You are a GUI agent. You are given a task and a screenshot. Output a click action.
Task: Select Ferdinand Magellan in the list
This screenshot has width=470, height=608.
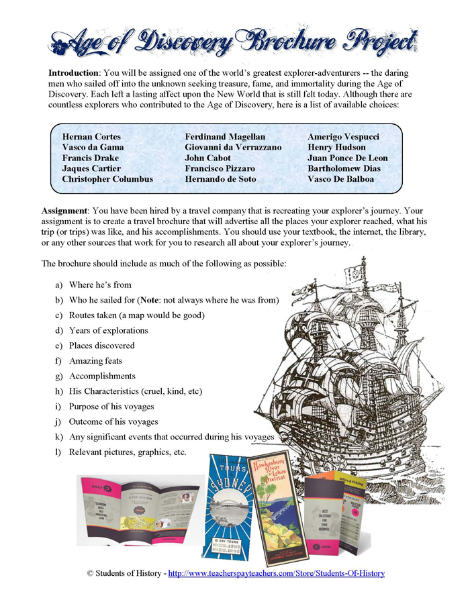[x=225, y=137]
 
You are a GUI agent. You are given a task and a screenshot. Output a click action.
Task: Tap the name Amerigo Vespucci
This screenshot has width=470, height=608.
[x=343, y=137]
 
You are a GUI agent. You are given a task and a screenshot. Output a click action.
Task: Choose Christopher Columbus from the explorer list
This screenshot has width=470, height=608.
[x=107, y=180]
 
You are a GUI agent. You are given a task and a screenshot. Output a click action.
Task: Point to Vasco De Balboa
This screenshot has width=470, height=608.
[x=341, y=180]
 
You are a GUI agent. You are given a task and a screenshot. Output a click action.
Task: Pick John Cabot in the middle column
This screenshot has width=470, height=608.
[x=207, y=158]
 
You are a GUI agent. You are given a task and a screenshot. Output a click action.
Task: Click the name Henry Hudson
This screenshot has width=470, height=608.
[x=336, y=148]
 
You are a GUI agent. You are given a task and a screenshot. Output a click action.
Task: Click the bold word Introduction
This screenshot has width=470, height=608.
[x=74, y=72]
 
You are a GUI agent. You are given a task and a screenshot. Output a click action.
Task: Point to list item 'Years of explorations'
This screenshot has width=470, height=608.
[x=108, y=330]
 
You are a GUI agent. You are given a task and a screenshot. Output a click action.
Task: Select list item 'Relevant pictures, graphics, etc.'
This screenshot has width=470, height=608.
[x=128, y=452]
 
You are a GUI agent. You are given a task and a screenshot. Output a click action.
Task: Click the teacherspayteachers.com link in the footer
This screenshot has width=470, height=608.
[x=276, y=574]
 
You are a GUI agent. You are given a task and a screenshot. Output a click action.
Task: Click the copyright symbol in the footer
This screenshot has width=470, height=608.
[x=89, y=574]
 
